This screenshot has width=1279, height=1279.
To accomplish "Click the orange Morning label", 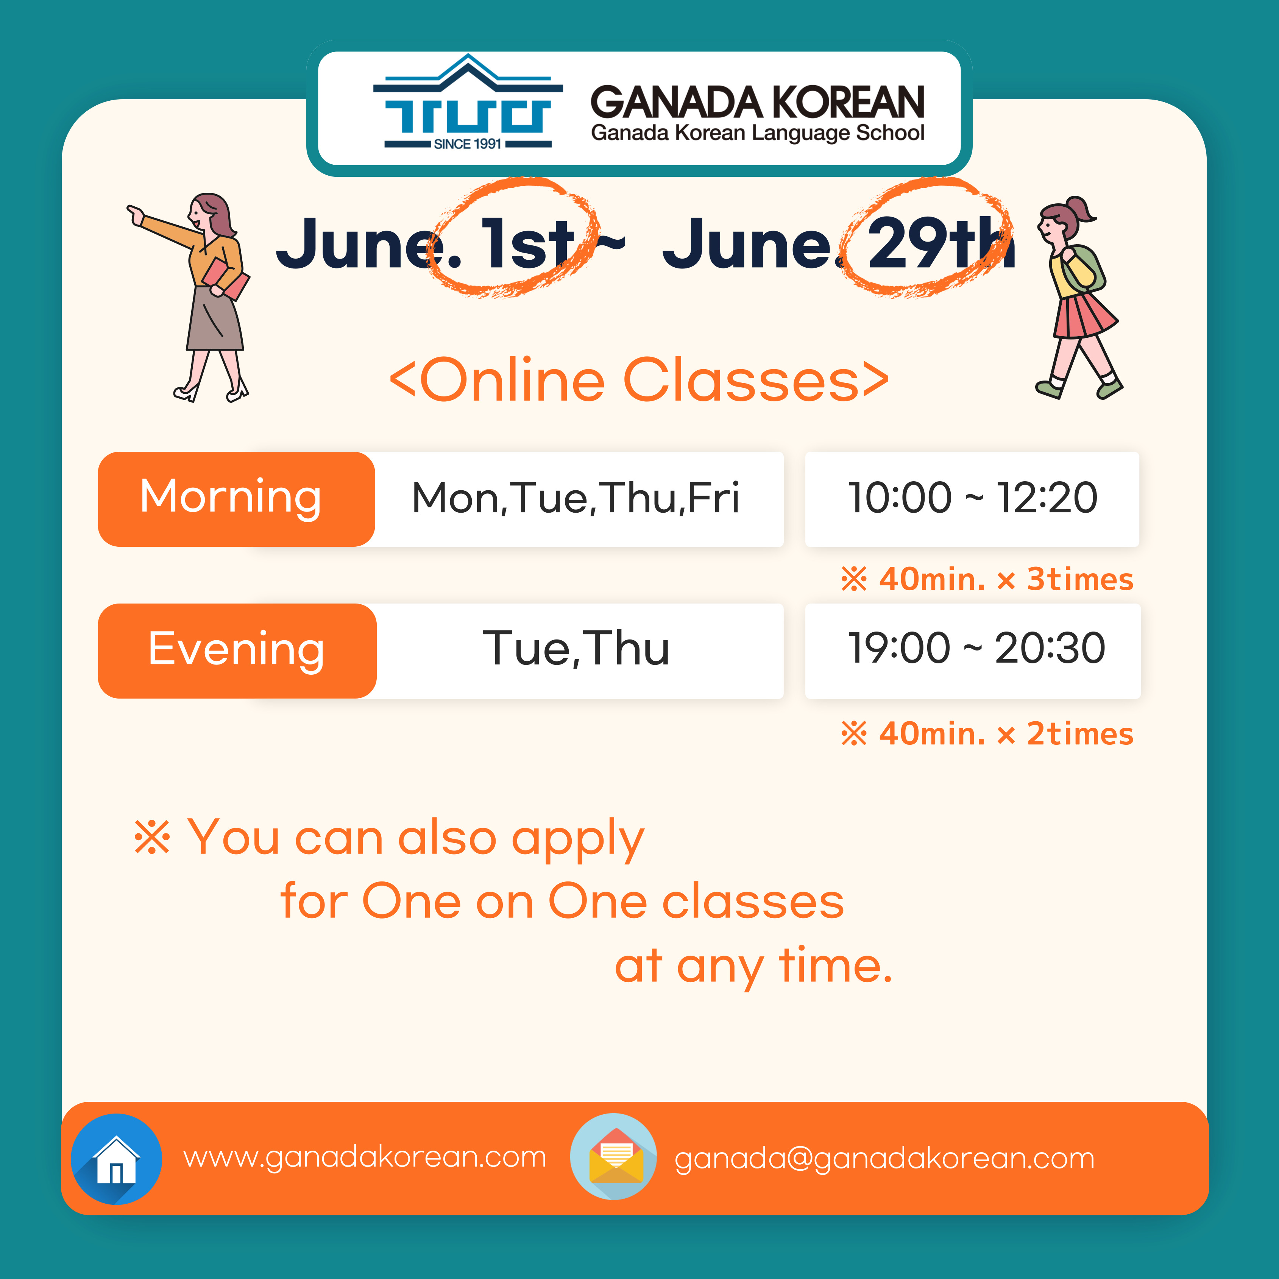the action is point(236,499).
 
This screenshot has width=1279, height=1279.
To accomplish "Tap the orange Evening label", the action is point(237,651).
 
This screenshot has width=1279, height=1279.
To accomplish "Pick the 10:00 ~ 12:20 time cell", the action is point(972,499).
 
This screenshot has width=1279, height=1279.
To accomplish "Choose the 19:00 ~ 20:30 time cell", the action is point(972,651).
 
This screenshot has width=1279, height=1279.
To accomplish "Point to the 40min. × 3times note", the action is point(986,579).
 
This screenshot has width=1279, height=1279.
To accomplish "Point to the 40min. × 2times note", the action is point(986,733).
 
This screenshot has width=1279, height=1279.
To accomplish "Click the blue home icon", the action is point(117,1159).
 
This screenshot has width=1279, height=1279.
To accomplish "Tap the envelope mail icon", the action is point(614,1157).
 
